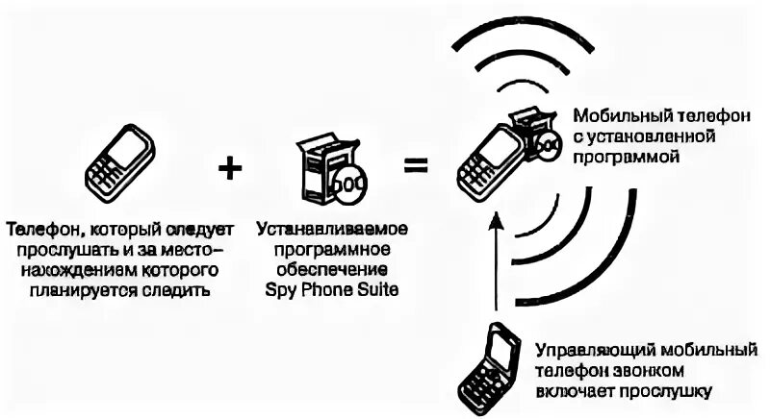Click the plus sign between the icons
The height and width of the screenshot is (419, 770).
click(x=229, y=168)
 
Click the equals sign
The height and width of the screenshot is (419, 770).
click(x=415, y=165)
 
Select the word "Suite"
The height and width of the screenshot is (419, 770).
click(x=372, y=287)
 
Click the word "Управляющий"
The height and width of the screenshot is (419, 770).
click(x=587, y=350)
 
